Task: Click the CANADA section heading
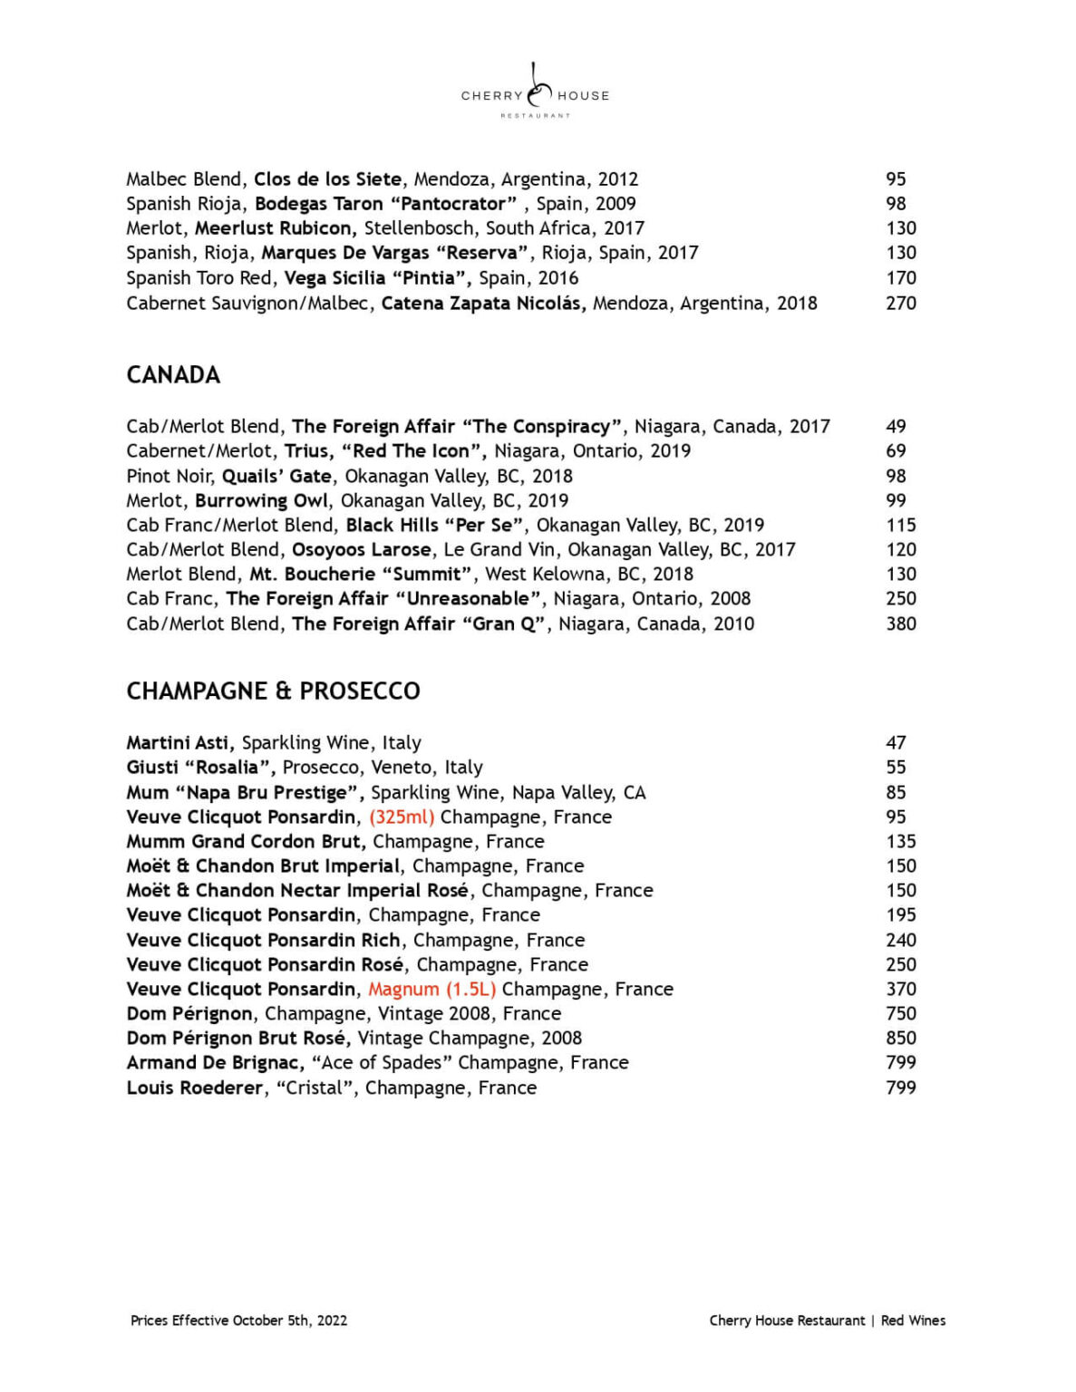(x=173, y=375)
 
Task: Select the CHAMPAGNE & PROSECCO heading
(x=273, y=691)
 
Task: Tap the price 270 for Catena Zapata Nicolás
(x=900, y=304)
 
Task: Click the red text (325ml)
(x=402, y=817)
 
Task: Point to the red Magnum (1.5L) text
(x=431, y=990)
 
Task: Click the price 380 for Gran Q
(x=900, y=624)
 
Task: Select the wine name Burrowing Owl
(x=262, y=501)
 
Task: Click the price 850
(x=900, y=1039)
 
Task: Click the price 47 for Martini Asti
(x=896, y=743)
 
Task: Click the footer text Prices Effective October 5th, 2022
(x=238, y=1320)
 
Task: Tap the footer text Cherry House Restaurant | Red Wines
(x=827, y=1320)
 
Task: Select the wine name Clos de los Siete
(x=327, y=179)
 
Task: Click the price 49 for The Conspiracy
(x=896, y=427)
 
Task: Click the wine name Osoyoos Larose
(x=361, y=550)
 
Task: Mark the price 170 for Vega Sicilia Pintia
(x=900, y=278)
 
